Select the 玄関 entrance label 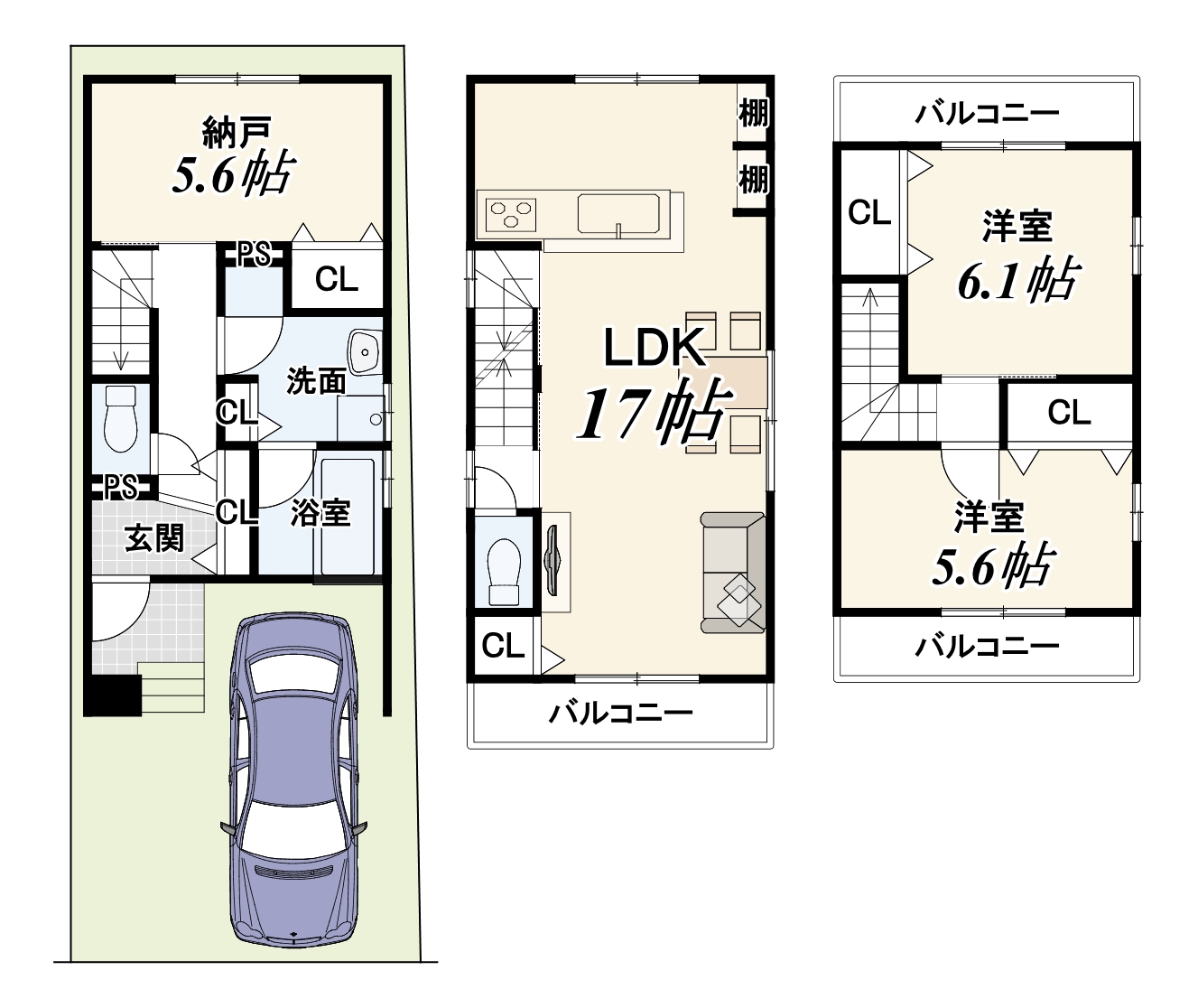pyautogui.click(x=154, y=538)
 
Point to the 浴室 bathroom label pyautogui.click(x=320, y=513)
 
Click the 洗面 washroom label pyautogui.click(x=315, y=381)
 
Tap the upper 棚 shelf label pyautogui.click(x=754, y=113)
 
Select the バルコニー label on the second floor pyautogui.click(x=621, y=714)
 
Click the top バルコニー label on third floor pyautogui.click(x=986, y=114)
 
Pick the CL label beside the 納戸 pyautogui.click(x=336, y=280)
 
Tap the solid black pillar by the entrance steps pyautogui.click(x=112, y=695)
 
